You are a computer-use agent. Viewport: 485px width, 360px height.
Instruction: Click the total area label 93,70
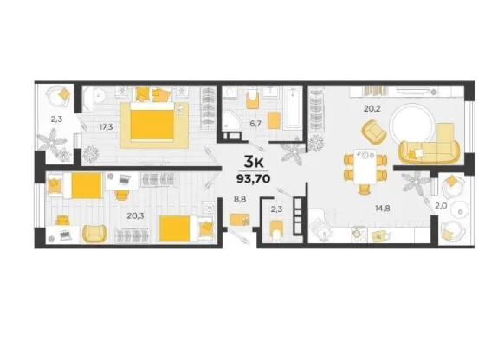253,178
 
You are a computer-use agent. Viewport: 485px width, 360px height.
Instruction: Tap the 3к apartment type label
254,161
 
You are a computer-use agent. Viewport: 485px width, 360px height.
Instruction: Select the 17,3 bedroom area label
106,126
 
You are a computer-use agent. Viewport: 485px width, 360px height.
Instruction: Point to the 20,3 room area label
135,215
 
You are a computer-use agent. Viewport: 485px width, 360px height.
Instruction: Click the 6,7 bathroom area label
255,124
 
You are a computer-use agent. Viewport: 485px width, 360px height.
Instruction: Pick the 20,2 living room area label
372,108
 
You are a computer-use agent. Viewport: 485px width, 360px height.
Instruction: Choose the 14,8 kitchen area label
382,209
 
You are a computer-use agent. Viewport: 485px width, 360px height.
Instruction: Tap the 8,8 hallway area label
240,200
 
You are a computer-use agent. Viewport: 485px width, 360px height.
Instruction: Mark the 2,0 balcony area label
441,206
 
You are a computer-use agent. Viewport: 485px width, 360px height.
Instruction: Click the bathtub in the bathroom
293,107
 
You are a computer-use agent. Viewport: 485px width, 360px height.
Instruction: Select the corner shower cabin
231,121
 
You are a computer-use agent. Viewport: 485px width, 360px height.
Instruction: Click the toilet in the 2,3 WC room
276,229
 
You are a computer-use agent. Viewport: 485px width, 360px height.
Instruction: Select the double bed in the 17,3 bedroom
152,122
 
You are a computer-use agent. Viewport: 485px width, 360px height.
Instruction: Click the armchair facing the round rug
373,132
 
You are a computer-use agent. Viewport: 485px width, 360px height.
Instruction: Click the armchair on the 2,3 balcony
60,97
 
